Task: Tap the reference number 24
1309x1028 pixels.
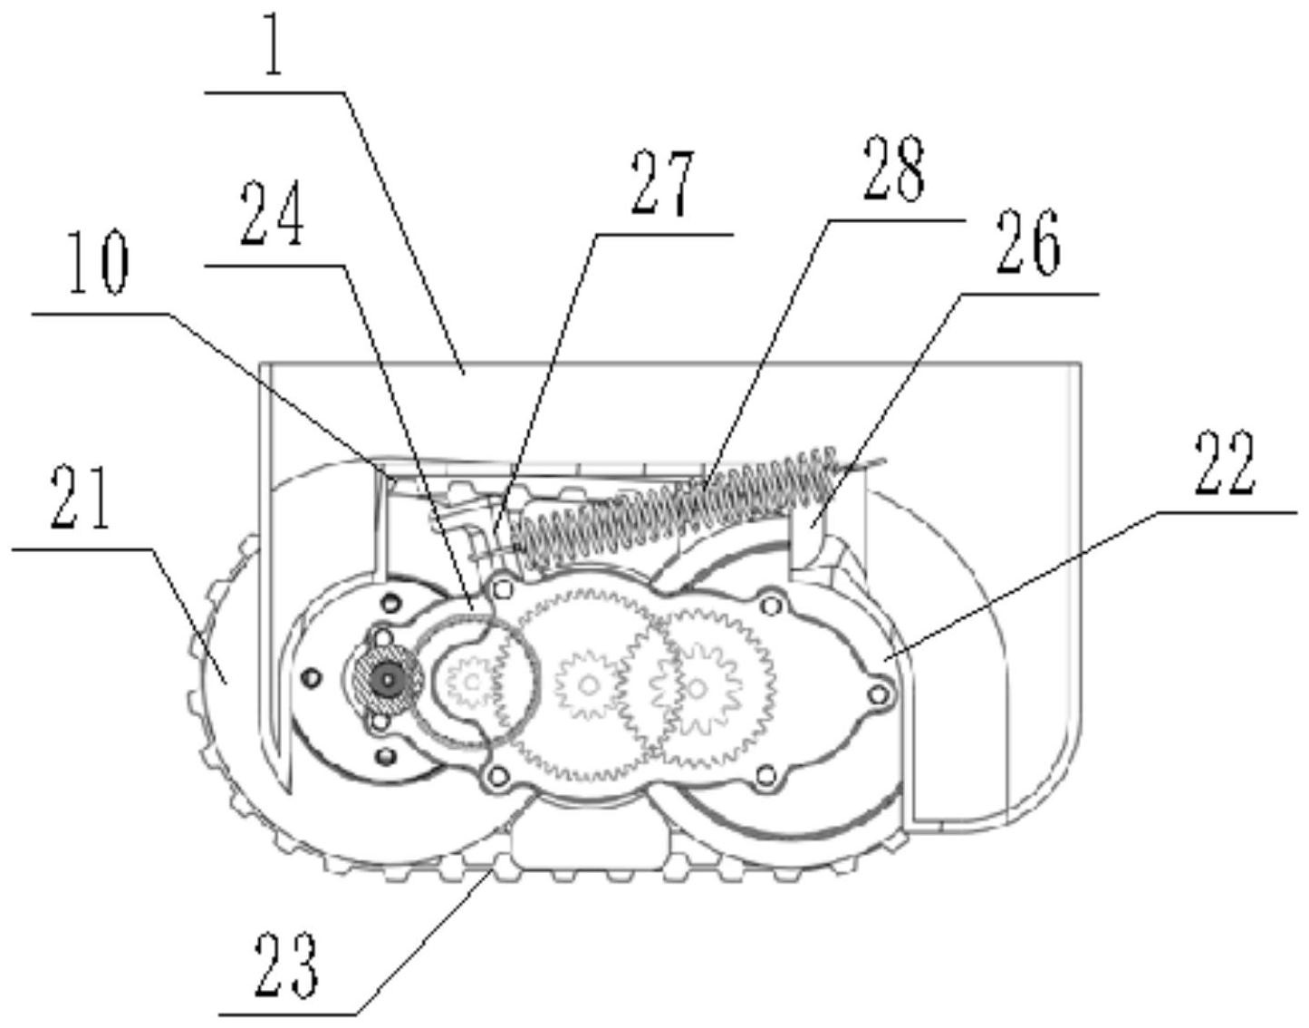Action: (x=272, y=216)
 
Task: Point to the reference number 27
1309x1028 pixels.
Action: (x=662, y=183)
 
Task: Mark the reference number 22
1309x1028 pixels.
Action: (x=1225, y=463)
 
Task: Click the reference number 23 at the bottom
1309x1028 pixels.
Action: (x=286, y=965)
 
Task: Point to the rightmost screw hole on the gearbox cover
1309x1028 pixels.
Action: (x=876, y=693)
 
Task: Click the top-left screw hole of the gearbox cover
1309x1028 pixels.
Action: (x=504, y=590)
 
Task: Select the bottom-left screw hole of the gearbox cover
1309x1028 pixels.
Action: (x=496, y=775)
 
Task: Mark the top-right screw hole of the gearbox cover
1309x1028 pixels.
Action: (x=772, y=604)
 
